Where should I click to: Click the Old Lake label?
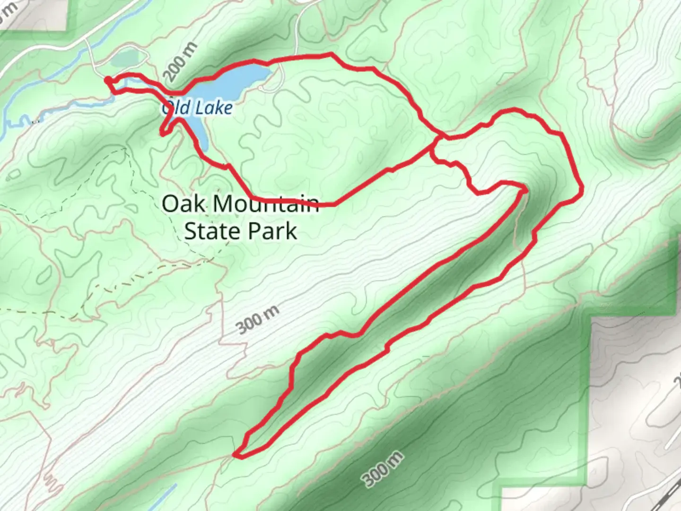pyautogui.click(x=197, y=108)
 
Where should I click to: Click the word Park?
pyautogui.click(x=275, y=231)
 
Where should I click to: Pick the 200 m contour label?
pyautogui.click(x=180, y=63)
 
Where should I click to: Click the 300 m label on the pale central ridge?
pyautogui.click(x=258, y=320)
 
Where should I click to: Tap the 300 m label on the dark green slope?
pyautogui.click(x=384, y=469)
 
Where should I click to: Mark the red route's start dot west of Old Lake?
pyautogui.click(x=108, y=80)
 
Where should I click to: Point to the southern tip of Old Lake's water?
pyautogui.click(x=203, y=144)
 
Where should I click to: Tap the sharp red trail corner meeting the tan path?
pyautogui.click(x=525, y=189)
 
